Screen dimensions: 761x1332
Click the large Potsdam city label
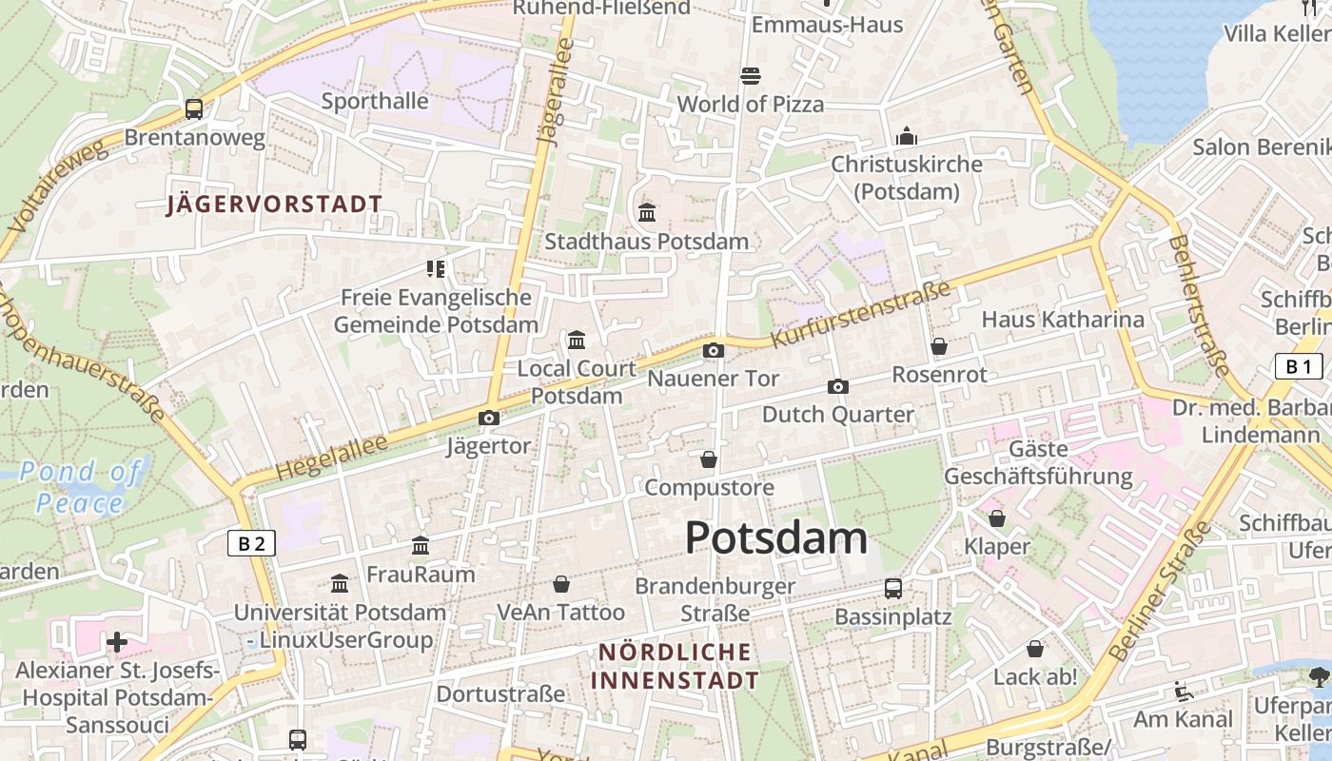[775, 538]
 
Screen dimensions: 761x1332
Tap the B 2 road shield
[251, 543]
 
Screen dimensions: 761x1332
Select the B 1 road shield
[1298, 366]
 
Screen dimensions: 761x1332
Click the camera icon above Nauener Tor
[713, 351]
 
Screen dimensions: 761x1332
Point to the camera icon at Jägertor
[488, 418]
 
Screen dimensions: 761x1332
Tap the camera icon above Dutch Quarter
[837, 386]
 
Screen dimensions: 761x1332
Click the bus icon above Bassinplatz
[892, 588]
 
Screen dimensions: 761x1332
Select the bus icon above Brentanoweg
[194, 108]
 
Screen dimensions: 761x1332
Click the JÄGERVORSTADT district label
[274, 205]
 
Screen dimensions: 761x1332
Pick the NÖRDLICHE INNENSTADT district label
[675, 666]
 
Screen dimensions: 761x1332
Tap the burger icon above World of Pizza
[750, 75]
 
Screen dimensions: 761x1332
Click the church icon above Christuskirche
[907, 136]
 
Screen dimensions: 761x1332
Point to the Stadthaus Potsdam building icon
[647, 212]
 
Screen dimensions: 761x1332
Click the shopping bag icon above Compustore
[708, 459]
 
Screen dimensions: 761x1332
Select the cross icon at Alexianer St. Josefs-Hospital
[117, 643]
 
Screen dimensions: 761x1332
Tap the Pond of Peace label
[81, 486]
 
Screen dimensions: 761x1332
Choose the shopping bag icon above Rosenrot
[939, 346]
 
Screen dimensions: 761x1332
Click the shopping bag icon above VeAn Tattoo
[561, 583]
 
